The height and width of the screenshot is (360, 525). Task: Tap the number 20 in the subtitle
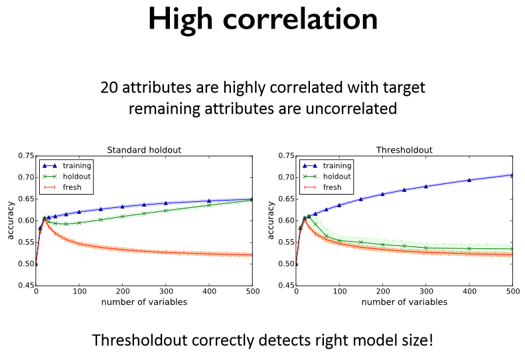click(x=108, y=87)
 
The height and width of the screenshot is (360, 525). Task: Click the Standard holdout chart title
click(x=144, y=150)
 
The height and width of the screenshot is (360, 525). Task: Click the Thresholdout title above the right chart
click(x=404, y=150)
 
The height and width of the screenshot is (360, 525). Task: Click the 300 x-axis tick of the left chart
click(x=209, y=292)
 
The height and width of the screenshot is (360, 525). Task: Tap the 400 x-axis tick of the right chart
click(x=469, y=292)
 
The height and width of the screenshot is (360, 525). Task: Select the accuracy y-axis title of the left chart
click(x=10, y=221)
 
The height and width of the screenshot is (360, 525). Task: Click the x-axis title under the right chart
click(x=404, y=303)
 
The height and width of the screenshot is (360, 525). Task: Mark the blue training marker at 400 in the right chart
click(x=469, y=180)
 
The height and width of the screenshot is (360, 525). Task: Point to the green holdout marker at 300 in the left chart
click(x=209, y=211)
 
